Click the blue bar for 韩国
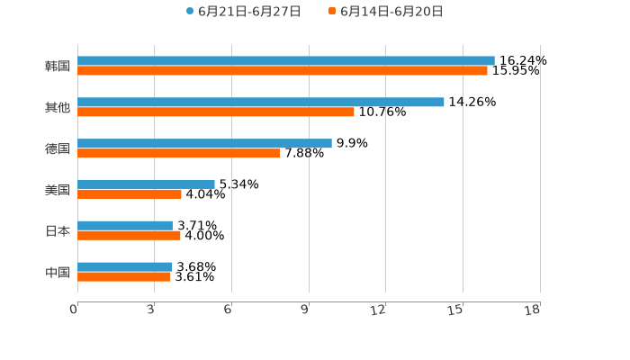click(x=286, y=60)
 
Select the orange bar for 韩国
click(x=283, y=71)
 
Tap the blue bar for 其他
click(x=261, y=102)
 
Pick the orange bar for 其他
click(x=216, y=112)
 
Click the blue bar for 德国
click(x=204, y=143)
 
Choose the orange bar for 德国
click(x=179, y=154)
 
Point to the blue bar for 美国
click(x=146, y=184)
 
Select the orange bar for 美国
click(x=130, y=194)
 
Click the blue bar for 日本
click(x=125, y=225)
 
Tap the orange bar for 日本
click(x=129, y=236)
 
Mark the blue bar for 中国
click(x=125, y=266)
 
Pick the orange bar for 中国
click(x=124, y=277)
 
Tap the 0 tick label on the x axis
click(x=75, y=310)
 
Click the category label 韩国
click(x=58, y=66)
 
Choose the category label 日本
click(x=58, y=230)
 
